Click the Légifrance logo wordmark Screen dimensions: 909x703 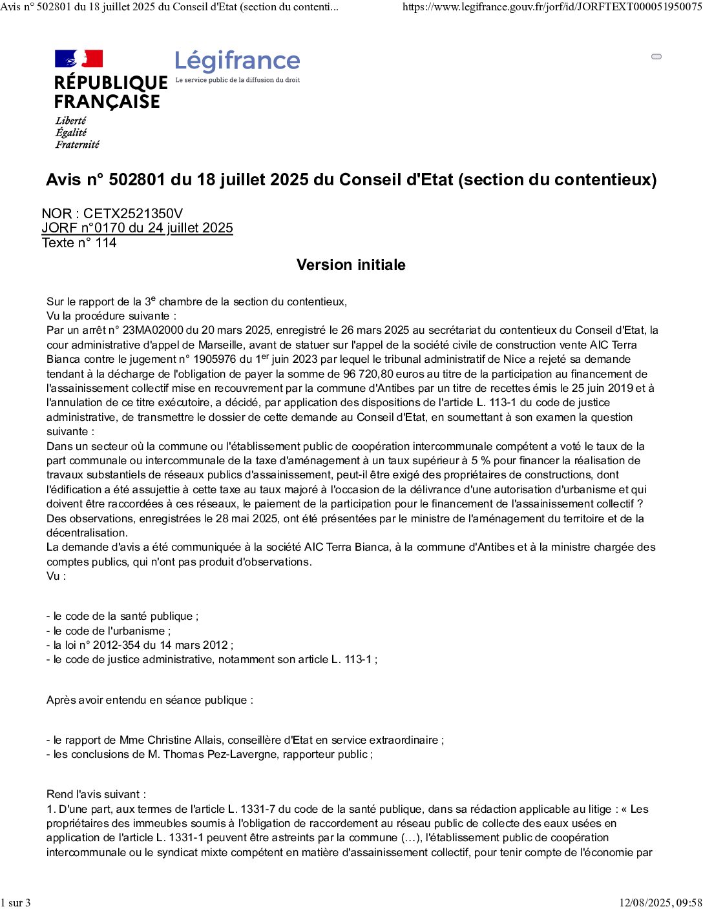click(237, 62)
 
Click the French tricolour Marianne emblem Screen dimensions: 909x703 click(79, 59)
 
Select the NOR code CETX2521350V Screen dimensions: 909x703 click(133, 214)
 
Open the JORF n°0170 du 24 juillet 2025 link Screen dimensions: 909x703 click(137, 228)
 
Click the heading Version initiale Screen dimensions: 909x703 click(351, 265)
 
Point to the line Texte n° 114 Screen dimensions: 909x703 click(79, 243)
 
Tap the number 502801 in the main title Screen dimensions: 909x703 click(138, 179)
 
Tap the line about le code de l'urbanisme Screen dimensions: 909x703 click(109, 631)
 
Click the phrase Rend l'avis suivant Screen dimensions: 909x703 click(96, 794)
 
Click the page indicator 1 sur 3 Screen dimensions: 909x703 click(16, 903)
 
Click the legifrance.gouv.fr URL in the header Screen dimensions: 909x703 click(552, 7)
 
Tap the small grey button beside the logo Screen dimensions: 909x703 click(656, 57)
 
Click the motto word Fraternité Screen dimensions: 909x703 click(78, 145)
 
